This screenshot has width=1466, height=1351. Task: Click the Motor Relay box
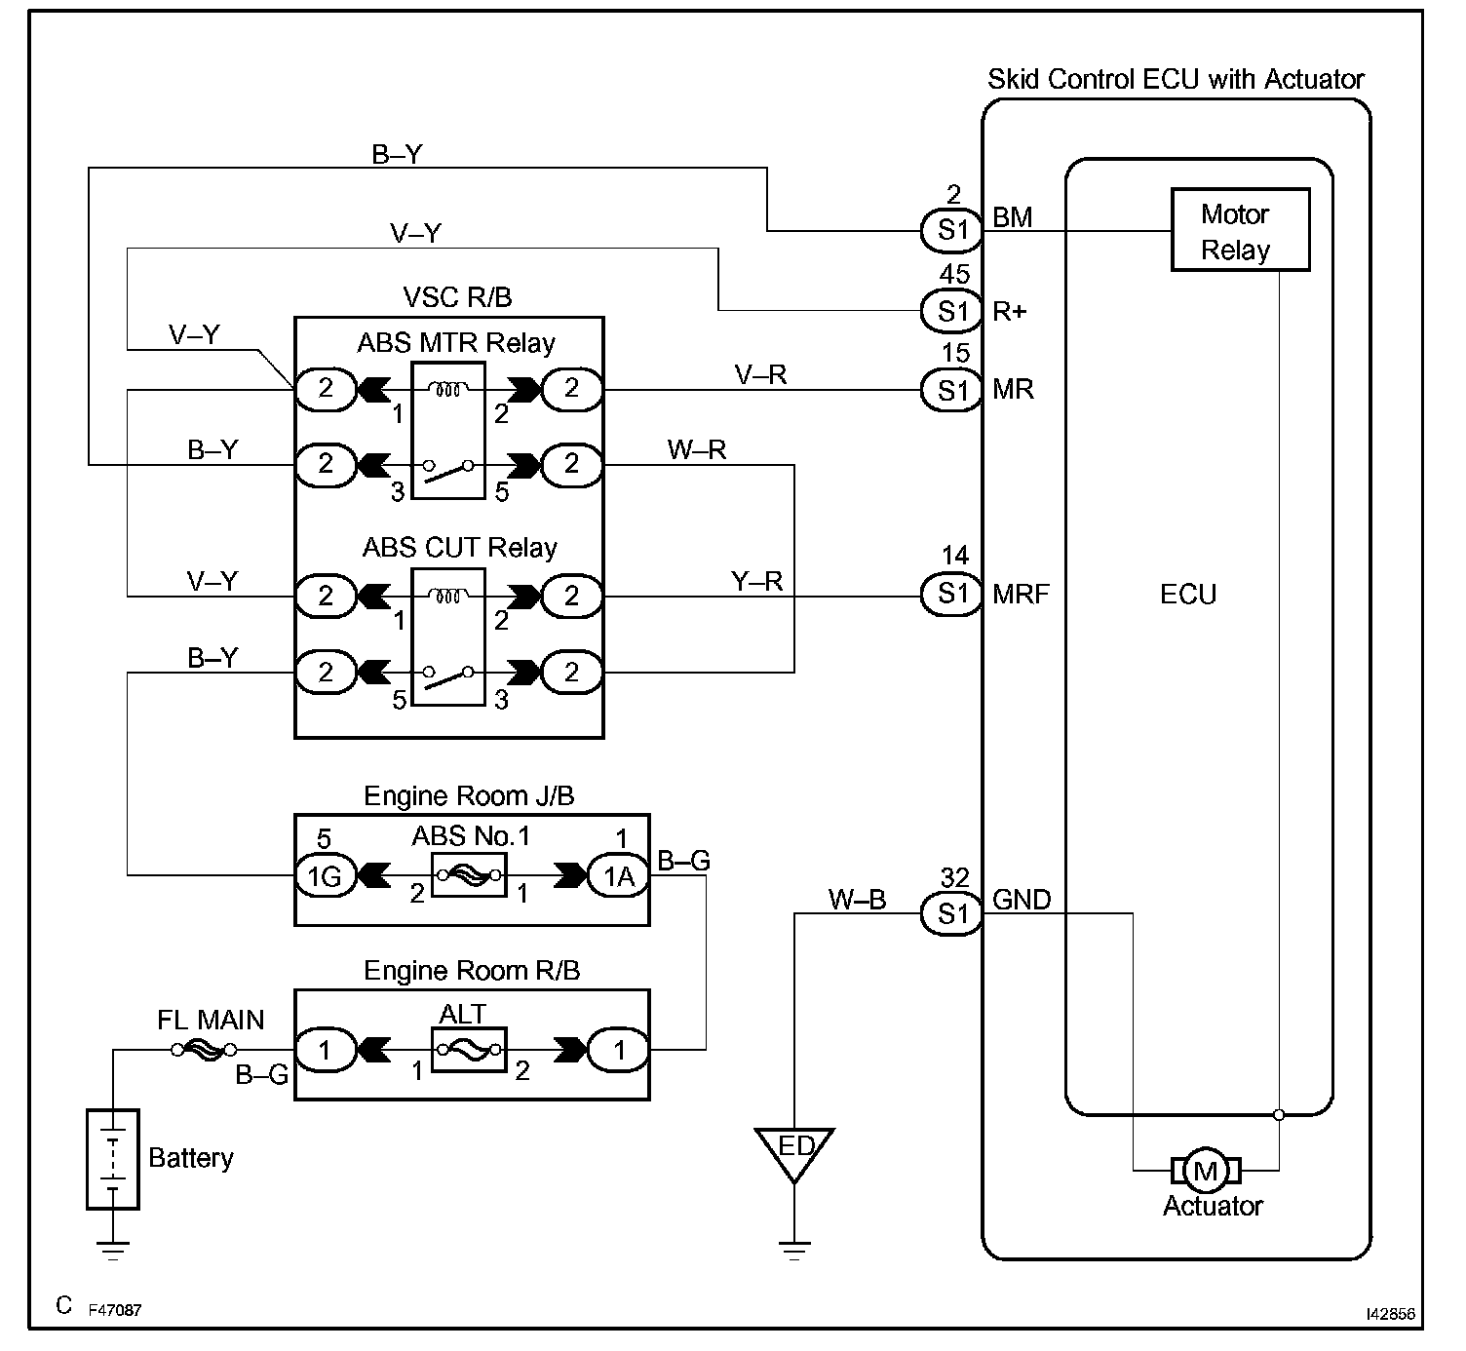coord(1239,231)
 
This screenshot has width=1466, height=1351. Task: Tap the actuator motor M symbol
coord(1206,1171)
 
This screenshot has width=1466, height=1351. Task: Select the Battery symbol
coord(113,1159)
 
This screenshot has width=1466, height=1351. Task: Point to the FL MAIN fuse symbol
coord(204,1050)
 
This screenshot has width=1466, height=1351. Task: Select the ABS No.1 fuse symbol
coord(471,875)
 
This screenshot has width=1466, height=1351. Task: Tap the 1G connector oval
coord(324,876)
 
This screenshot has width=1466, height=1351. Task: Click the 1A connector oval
coord(618,876)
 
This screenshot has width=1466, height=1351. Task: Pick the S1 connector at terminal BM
coord(951,231)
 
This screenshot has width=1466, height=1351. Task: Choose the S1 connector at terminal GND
coord(951,913)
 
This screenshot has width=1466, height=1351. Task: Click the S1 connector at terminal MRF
coord(951,594)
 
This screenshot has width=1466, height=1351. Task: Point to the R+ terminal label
coord(1010,312)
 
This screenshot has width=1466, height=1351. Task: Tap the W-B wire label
coord(857,900)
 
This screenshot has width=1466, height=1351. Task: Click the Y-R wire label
coord(757,581)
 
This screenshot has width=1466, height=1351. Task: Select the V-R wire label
coord(760,374)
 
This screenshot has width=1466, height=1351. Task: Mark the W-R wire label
coord(697,449)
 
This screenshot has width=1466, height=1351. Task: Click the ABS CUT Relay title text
coord(459,547)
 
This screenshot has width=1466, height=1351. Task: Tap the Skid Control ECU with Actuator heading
coord(1176,79)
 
